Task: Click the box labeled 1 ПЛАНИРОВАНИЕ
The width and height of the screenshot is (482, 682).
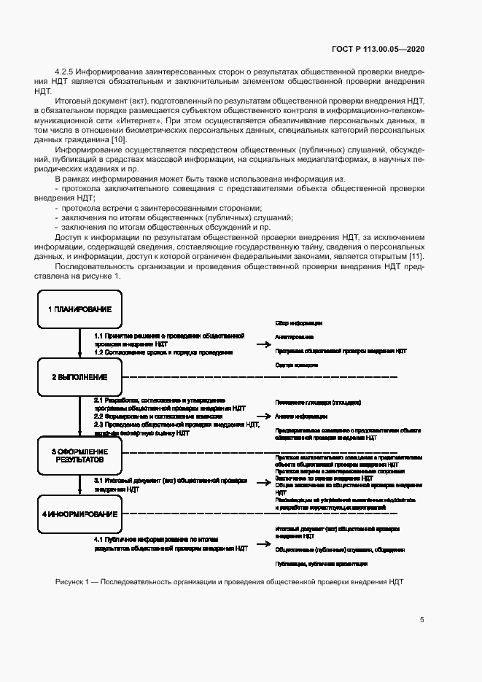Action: click(x=79, y=309)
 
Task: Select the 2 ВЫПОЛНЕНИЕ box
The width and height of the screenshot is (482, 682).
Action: click(x=79, y=377)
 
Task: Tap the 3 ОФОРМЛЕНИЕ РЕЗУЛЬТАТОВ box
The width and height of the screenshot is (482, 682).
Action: click(x=79, y=457)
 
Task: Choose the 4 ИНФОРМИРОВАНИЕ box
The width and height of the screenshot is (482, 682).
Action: click(x=79, y=514)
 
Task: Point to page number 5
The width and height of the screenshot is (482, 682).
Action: click(x=422, y=620)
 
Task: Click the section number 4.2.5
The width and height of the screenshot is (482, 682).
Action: click(x=66, y=71)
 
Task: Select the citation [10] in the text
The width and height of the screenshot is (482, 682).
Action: click(x=119, y=139)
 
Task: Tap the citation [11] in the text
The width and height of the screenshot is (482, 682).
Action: click(x=416, y=256)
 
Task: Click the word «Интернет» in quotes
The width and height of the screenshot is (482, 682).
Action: click(x=139, y=119)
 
